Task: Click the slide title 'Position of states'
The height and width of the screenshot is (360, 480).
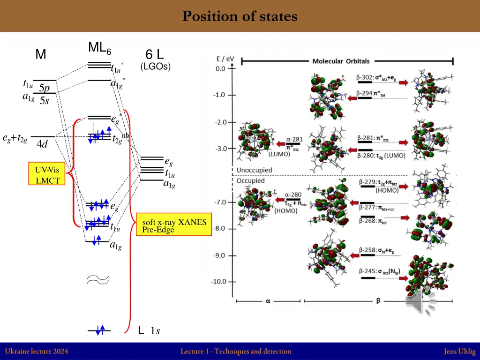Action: point(240,16)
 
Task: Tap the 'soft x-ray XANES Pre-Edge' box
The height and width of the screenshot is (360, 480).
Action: point(174,225)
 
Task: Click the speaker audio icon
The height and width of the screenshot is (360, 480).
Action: point(420,301)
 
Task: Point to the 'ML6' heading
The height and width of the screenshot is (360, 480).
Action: point(99,48)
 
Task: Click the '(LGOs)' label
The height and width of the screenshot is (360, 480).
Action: point(156,67)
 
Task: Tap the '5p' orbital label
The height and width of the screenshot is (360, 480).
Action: point(44,88)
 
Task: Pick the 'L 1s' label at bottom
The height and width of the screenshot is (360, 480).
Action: point(149,331)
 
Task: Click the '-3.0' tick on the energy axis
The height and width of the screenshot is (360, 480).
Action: point(220,149)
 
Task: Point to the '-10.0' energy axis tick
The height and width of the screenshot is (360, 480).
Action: point(218,282)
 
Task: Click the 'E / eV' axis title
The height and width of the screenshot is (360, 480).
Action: point(225,59)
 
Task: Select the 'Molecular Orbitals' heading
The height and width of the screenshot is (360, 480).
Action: point(341,61)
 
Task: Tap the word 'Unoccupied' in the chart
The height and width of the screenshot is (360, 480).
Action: point(254,170)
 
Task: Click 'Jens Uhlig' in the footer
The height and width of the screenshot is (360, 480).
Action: point(460,351)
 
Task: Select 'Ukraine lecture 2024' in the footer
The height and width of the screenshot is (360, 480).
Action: point(37,351)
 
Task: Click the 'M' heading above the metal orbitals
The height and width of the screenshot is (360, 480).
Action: point(41,55)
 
